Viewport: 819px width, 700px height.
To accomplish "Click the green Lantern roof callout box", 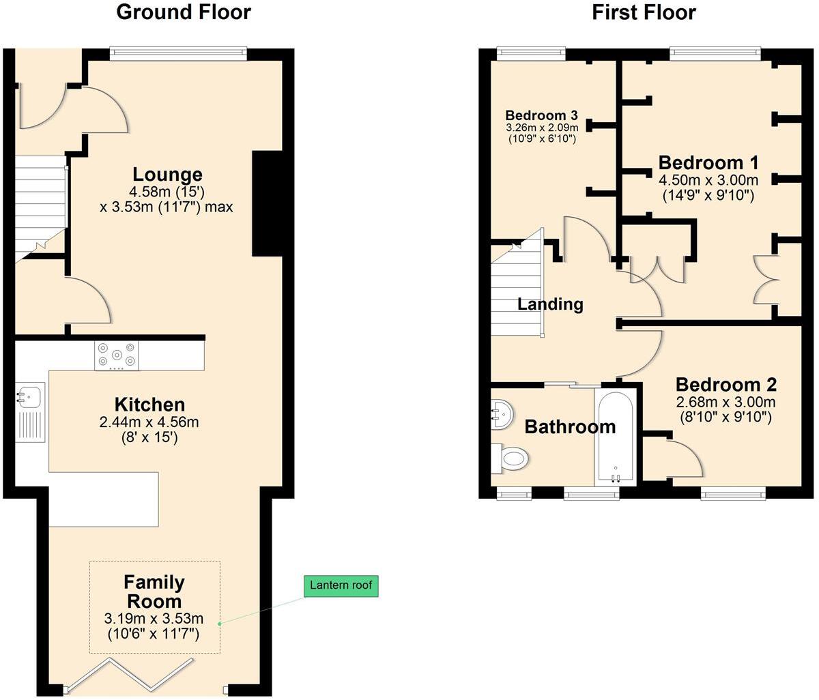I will coord(341,585).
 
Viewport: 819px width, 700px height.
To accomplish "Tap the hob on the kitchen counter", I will coord(116,355).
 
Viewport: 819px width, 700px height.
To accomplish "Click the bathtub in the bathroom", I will coord(616,437).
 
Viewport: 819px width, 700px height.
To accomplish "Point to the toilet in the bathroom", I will coord(511,457).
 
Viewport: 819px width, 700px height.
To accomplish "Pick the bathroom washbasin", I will coord(501,413).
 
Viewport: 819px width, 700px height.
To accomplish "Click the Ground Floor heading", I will coord(184,12).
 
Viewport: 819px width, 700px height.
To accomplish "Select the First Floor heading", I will coord(644,12).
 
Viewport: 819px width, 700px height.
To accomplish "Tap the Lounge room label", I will coord(167,175).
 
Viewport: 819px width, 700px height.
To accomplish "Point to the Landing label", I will coord(550,304).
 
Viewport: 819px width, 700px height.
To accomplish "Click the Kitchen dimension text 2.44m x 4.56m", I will coord(149,422).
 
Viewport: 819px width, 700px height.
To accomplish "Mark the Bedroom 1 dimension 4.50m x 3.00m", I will coord(708,180).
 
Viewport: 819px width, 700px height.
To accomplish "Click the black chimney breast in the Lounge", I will coord(267,203).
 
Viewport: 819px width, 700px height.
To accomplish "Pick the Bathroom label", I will coord(570,427).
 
